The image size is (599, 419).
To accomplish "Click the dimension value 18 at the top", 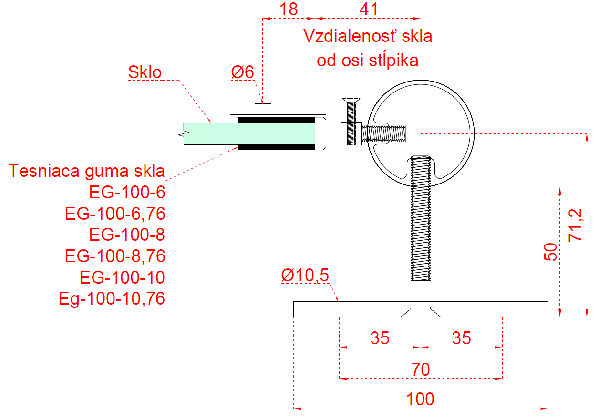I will (289, 9).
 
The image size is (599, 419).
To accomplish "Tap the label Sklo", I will (145, 72).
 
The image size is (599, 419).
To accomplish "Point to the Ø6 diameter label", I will (243, 72).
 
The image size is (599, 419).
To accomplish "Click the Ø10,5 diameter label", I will (305, 275).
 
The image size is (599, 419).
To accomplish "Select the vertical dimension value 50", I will (550, 251).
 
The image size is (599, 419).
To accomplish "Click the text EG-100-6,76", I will (115, 214).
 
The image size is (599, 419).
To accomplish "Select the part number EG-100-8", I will (127, 235).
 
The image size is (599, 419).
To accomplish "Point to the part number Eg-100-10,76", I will (112, 298).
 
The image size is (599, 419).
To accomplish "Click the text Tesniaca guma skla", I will (87, 171).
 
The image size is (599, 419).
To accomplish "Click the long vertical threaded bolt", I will (421, 229).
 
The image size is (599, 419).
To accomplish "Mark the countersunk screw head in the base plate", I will (420, 311).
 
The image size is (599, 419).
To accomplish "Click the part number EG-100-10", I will (122, 277).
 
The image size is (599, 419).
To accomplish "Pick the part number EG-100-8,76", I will (115, 256).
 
